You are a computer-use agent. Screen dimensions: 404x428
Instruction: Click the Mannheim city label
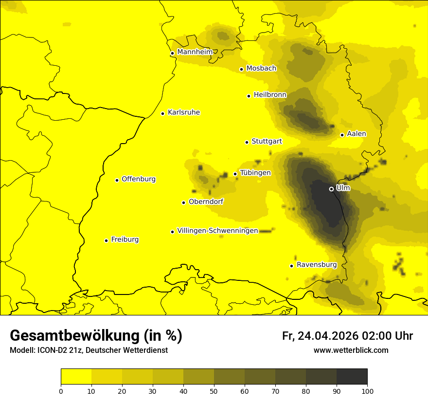pos(195,52)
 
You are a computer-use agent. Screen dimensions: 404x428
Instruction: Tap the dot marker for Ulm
pos(331,189)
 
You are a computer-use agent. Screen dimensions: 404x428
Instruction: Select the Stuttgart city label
pos(267,142)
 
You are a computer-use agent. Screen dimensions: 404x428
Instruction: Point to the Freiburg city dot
pos(106,240)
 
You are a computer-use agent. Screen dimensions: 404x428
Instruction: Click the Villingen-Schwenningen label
pos(217,231)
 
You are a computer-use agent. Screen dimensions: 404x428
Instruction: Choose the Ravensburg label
pos(317,265)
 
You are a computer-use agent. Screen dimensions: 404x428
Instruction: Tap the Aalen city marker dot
pos(342,135)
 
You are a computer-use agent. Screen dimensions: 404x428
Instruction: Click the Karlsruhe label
pos(183,112)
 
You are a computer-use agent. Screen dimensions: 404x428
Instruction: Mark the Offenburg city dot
pos(117,180)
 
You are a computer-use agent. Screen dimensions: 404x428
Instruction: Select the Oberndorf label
pos(206,202)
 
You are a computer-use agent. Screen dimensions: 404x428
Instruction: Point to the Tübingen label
pos(255,173)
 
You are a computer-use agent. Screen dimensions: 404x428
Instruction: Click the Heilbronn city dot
pos(249,96)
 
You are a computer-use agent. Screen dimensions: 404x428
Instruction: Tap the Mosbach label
pos(261,69)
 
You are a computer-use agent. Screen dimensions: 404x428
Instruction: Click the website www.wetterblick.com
pos(351,350)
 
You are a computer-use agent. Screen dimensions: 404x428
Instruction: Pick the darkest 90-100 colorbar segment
pos(352,377)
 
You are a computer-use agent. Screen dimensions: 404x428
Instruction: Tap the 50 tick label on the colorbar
pos(214,391)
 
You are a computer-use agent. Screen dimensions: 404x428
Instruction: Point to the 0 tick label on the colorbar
pos(61,391)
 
